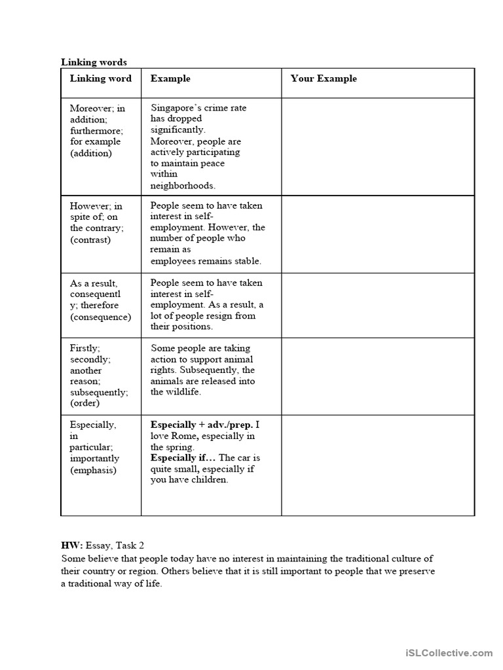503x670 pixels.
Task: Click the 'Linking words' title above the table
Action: pyautogui.click(x=94, y=62)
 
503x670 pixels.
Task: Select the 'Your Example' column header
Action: pyautogui.click(x=324, y=79)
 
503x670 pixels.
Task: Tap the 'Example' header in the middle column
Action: pyautogui.click(x=170, y=79)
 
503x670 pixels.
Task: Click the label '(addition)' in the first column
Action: pyautogui.click(x=91, y=153)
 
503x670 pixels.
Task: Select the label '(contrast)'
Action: pyautogui.click(x=90, y=239)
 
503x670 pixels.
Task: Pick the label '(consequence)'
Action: pyautogui.click(x=100, y=317)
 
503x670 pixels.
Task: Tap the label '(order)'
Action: pyautogui.click(x=84, y=403)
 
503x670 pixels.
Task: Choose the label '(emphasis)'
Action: pyautogui.click(x=93, y=470)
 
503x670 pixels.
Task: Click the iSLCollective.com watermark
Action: pyautogui.click(x=449, y=652)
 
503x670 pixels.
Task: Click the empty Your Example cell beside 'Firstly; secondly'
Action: pyautogui.click(x=377, y=376)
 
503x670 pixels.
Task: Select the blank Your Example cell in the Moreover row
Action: pyautogui.click(x=377, y=146)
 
